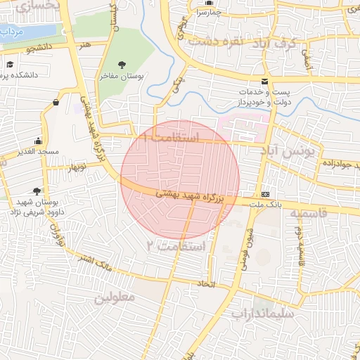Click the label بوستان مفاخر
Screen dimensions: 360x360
[x=126, y=77]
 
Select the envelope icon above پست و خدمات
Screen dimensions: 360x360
[x=264, y=81]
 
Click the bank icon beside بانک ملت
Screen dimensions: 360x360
[x=265, y=194]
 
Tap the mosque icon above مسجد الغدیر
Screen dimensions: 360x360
[x=39, y=141]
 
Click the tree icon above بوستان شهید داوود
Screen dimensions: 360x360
[x=36, y=190]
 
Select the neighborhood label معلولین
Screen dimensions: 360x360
[x=113, y=297]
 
